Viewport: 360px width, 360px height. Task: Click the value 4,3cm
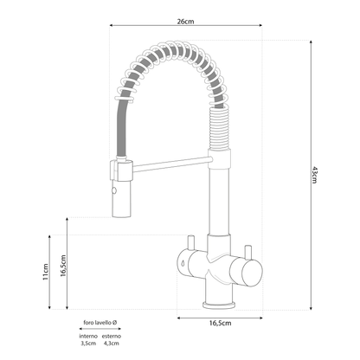tap(111, 344)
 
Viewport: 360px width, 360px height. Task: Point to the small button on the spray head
tap(112, 187)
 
